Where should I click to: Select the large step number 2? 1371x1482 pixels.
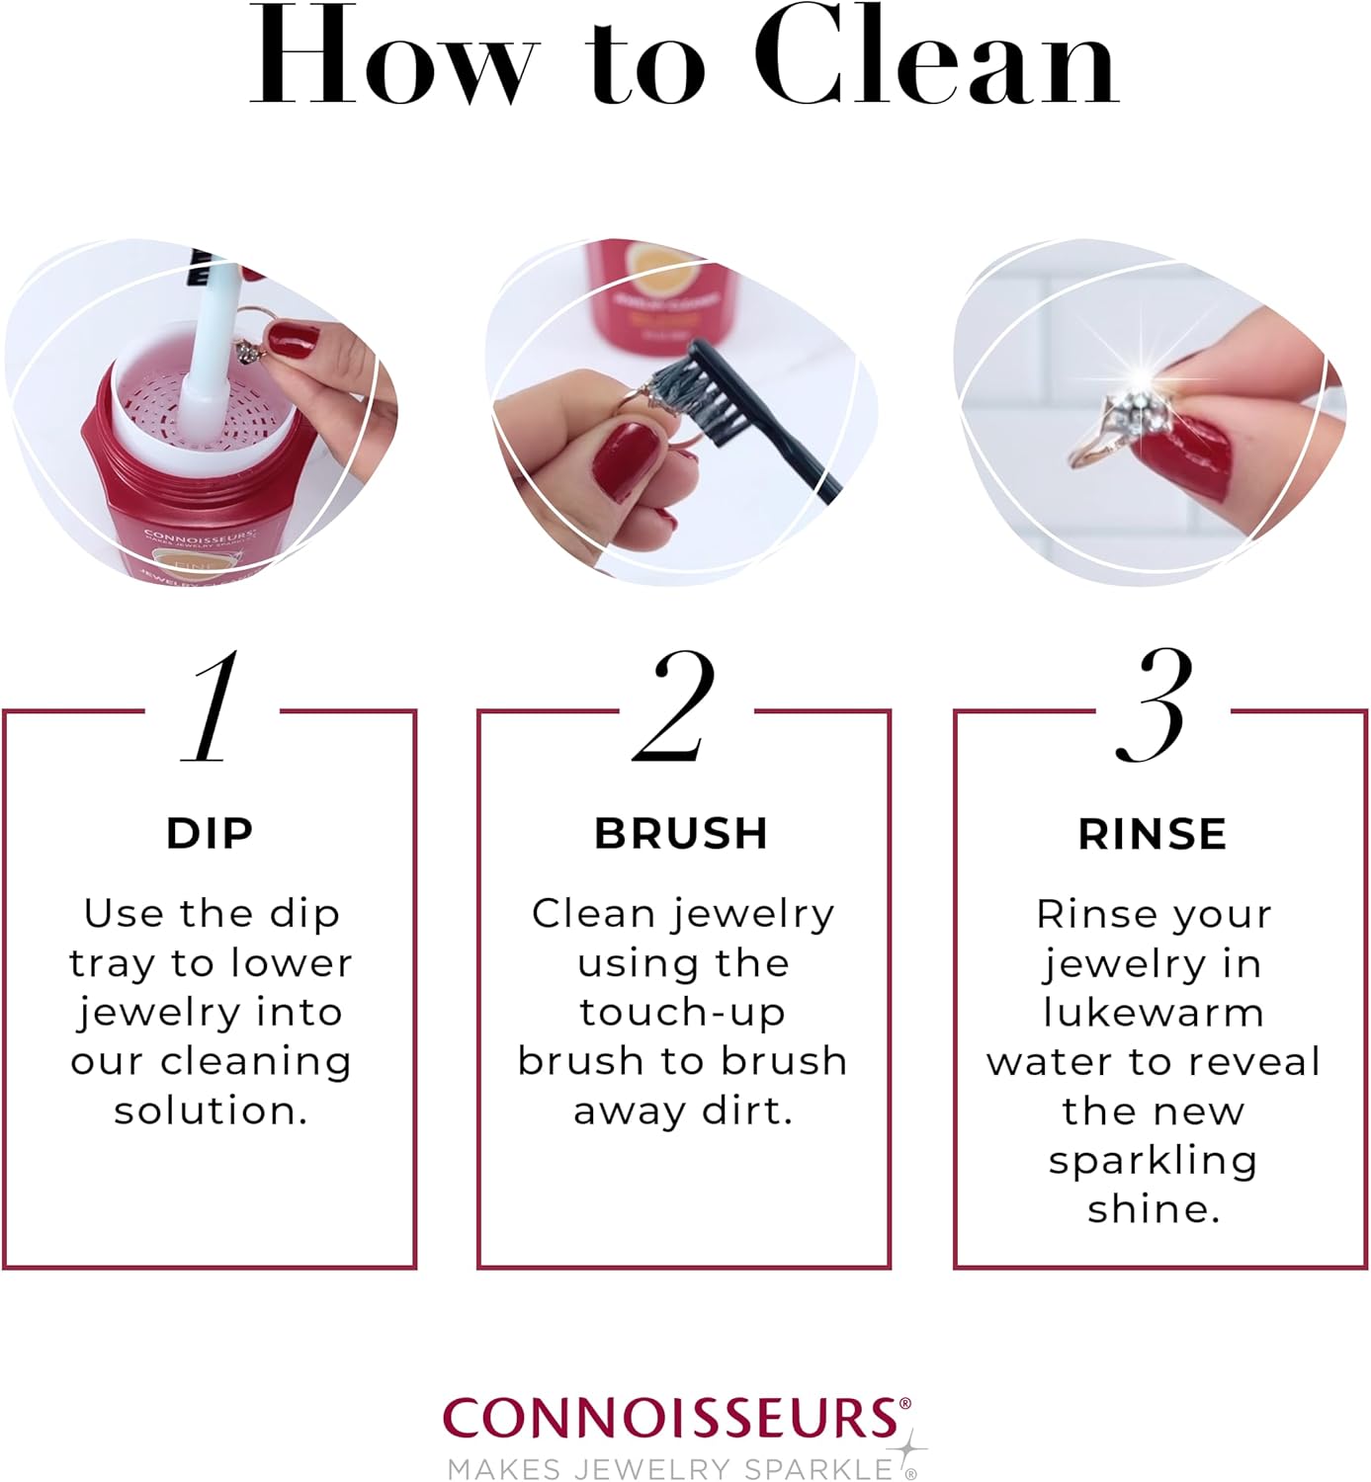click(676, 707)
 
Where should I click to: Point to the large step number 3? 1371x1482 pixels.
click(1155, 707)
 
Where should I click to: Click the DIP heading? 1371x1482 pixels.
click(210, 834)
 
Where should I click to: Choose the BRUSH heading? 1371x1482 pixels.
click(681, 834)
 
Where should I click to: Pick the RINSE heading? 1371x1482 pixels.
click(1153, 834)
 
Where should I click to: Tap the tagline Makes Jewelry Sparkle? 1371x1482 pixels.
click(670, 1469)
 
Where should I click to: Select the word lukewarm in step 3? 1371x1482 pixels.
click(1154, 1013)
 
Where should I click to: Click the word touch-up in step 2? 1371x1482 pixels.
click(683, 1013)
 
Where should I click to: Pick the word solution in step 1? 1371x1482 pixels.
click(211, 1111)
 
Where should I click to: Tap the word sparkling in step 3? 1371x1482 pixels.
click(1153, 1160)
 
